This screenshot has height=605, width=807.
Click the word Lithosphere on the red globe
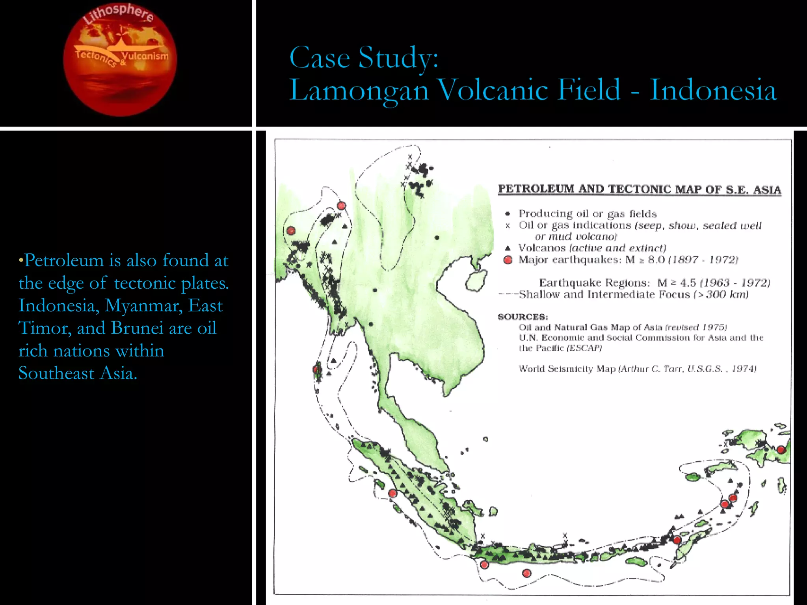pyautogui.click(x=118, y=15)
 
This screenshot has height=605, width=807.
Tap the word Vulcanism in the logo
pyautogui.click(x=145, y=56)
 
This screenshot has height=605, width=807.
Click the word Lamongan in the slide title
pyautogui.click(x=359, y=90)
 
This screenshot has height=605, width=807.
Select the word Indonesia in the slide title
pyautogui.click(x=713, y=90)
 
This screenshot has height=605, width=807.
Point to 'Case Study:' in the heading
pyautogui.click(x=364, y=58)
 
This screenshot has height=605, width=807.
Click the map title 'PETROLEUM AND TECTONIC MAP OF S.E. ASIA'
pyautogui.click(x=639, y=189)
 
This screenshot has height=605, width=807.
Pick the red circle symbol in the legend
pyautogui.click(x=508, y=260)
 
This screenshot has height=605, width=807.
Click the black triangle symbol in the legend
pyautogui.click(x=508, y=248)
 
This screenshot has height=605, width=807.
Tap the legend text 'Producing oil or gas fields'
pyautogui.click(x=587, y=214)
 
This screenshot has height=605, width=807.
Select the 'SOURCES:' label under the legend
pyautogui.click(x=523, y=317)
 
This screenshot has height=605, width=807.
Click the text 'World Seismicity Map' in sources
pyautogui.click(x=567, y=369)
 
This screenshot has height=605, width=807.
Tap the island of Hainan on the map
pyautogui.click(x=476, y=281)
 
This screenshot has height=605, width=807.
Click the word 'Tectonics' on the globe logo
pyautogui.click(x=95, y=58)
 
